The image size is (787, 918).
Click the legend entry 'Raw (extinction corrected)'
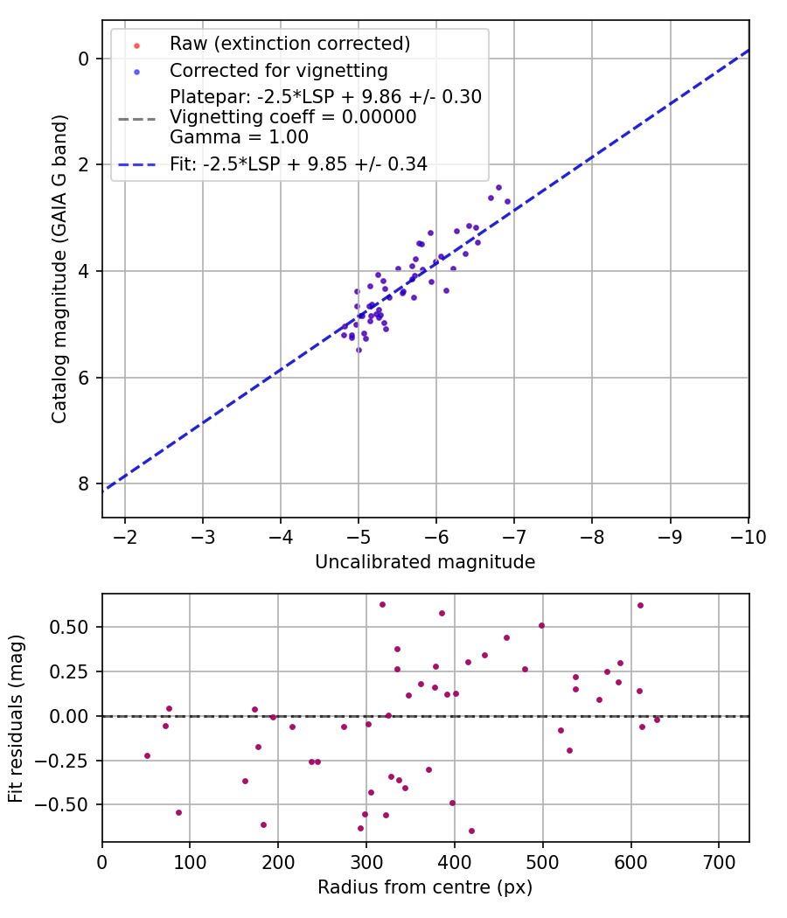point(289,44)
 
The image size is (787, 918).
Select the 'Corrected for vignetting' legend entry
point(279,70)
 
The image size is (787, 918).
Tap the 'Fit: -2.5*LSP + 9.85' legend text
point(298,163)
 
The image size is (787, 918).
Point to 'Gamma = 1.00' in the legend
point(239,136)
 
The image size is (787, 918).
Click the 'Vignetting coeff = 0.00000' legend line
point(293,116)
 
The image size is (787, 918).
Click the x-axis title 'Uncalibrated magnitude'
point(425,563)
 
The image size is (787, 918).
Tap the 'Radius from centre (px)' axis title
point(425,887)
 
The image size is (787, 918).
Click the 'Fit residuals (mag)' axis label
point(16,717)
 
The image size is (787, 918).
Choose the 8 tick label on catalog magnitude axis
point(84,483)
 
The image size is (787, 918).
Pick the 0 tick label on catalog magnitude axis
point(84,59)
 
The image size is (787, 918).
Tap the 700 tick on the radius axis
point(718,861)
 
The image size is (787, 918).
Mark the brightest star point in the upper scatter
point(498,187)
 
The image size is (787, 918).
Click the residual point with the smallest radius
point(147,755)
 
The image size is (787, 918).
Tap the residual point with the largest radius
point(657,720)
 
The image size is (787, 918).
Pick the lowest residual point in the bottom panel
point(471,831)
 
